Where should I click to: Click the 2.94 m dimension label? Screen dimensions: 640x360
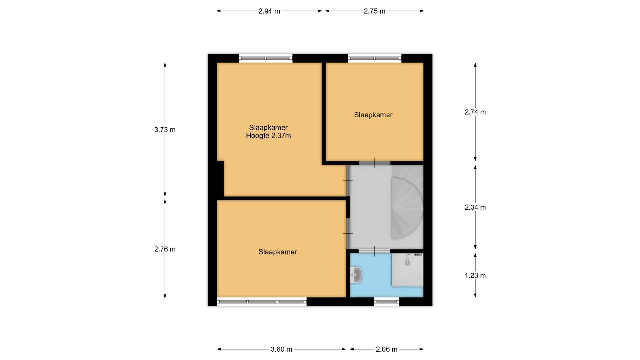pos(269,11)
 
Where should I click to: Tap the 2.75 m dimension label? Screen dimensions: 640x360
pos(374,11)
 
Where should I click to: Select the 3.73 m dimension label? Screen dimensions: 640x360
pos(165,130)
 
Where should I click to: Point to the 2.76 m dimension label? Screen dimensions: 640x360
pos(165,249)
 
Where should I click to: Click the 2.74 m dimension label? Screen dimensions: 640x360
pos(475,112)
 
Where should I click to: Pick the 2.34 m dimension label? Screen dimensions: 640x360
pos(475,207)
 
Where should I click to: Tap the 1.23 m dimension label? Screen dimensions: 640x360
pos(475,275)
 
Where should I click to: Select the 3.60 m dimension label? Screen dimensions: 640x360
pos(281,349)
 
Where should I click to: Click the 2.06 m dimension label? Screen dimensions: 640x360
pos(387,349)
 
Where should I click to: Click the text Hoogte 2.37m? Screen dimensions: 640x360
pos(268,136)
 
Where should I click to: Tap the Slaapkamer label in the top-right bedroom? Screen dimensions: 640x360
pos(373,115)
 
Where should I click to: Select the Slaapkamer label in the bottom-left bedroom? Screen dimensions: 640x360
pos(277,252)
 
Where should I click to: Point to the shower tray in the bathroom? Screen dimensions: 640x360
pos(407,270)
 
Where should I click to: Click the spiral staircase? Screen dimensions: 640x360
pos(407,202)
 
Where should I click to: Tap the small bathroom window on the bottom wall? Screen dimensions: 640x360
pos(387,302)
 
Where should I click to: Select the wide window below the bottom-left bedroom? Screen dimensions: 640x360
pos(262,302)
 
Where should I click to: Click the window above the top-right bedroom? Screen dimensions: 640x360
pos(375,58)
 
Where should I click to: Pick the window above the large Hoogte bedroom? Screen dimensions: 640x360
pos(266,58)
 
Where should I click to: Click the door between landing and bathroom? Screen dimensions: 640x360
pos(374,251)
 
